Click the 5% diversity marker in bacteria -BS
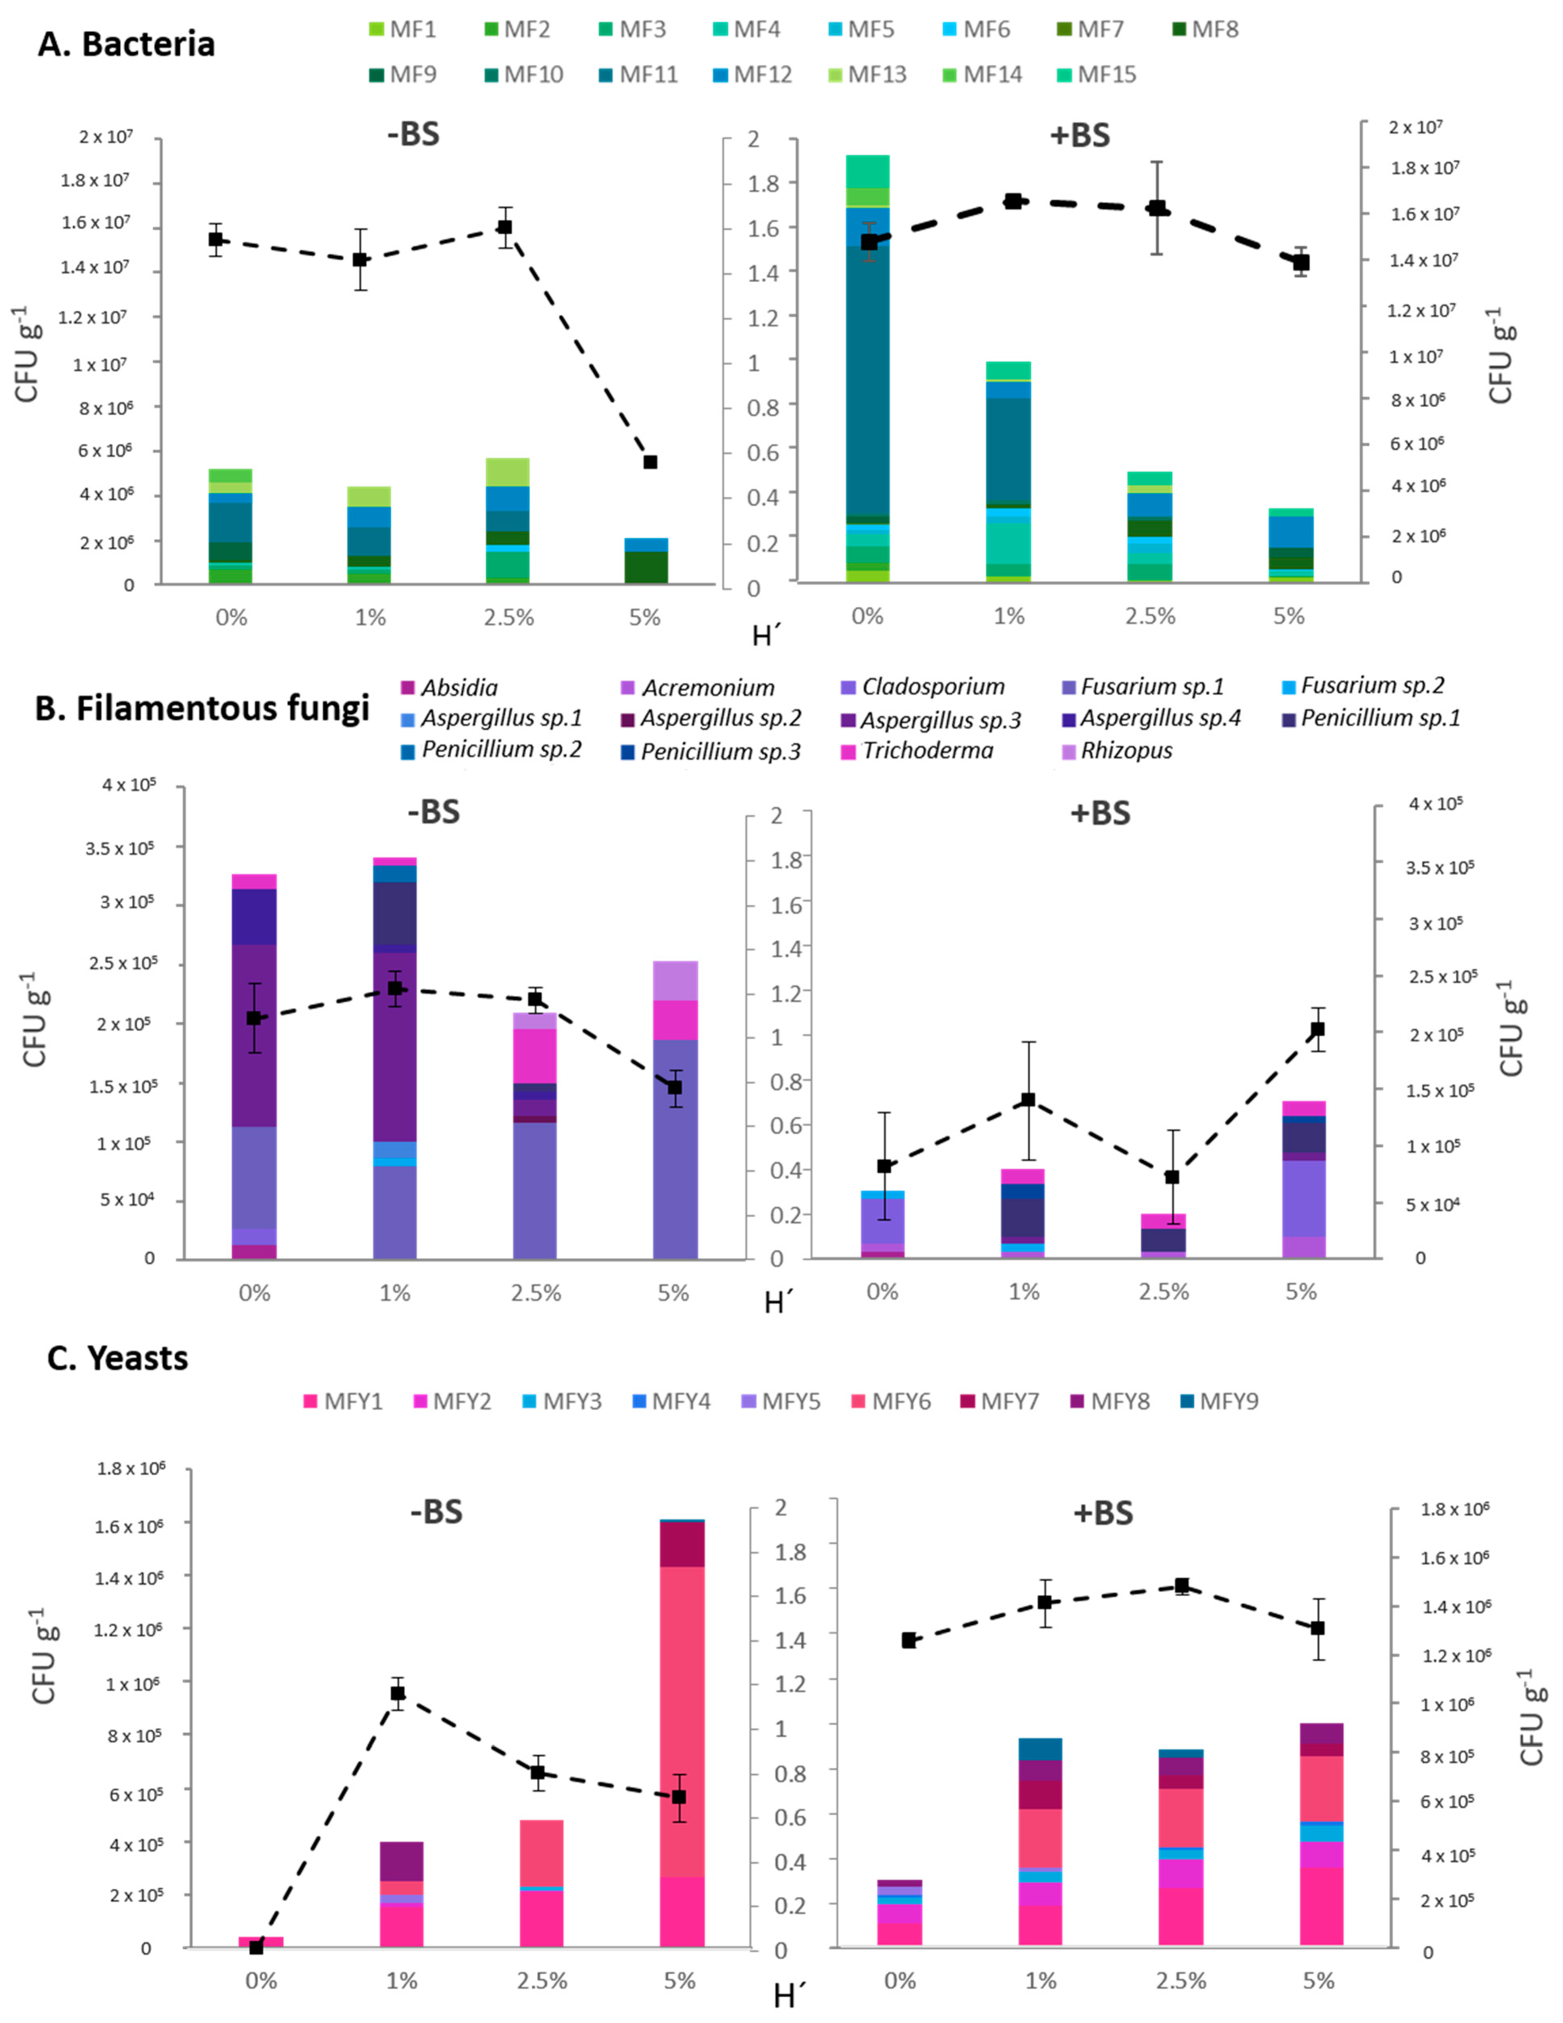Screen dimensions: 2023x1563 [x=650, y=461]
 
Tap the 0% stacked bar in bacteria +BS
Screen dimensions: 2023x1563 [x=867, y=370]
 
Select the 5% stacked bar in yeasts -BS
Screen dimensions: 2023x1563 [x=682, y=1732]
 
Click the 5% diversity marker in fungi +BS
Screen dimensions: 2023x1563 [x=1317, y=1029]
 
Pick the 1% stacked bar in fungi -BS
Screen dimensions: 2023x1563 [x=395, y=1056]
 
